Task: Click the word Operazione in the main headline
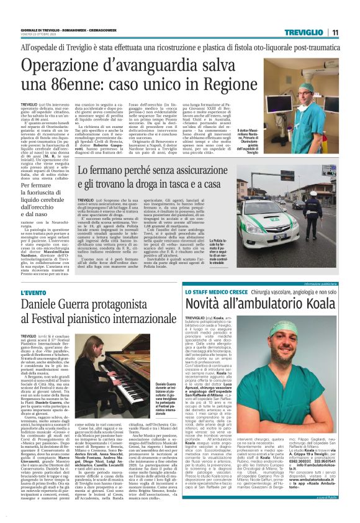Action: click(x=61, y=66)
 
